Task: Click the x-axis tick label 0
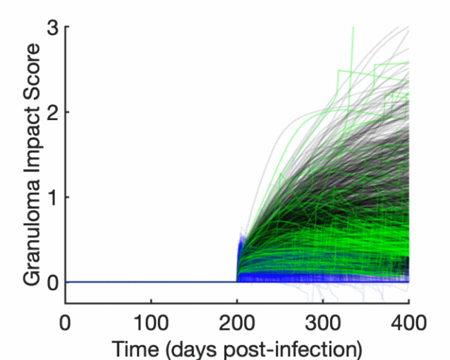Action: coord(66,323)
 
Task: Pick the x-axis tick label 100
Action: coord(151,323)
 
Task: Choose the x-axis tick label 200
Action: coord(237,323)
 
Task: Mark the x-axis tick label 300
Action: coord(322,323)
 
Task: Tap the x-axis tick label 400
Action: coord(408,323)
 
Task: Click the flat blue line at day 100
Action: coord(151,282)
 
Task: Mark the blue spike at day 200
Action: coord(238,247)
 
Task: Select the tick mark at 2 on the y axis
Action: coord(68,112)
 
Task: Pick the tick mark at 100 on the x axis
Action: coord(151,301)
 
